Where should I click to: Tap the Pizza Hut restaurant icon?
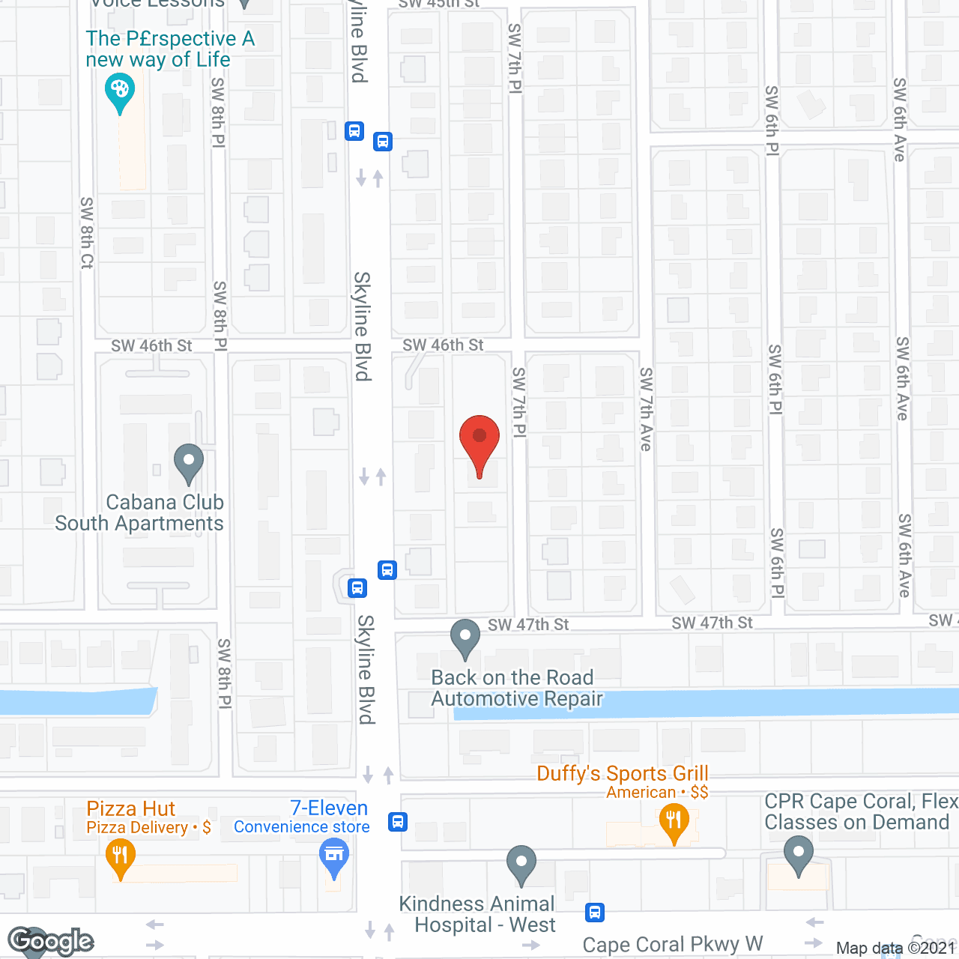coord(120,855)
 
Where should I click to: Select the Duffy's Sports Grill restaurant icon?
coord(674,821)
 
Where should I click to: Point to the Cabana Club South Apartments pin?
coord(189,462)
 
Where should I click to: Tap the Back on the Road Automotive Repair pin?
coord(465,637)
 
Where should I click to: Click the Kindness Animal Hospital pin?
coord(521,862)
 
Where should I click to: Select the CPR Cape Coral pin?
coord(799,853)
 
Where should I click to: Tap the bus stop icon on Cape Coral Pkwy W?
coord(595,913)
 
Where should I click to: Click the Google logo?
coord(51,941)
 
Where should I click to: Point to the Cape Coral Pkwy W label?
coord(672,944)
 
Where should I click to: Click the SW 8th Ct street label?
coord(87,232)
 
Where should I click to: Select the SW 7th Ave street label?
coord(646,408)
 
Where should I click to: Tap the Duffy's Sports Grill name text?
coord(623,773)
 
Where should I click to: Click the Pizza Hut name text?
coord(131,808)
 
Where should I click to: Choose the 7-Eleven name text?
coord(329,808)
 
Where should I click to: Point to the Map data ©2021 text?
coord(895,948)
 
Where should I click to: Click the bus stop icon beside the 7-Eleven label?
coord(398,822)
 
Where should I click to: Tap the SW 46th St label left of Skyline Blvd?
coord(151,345)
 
